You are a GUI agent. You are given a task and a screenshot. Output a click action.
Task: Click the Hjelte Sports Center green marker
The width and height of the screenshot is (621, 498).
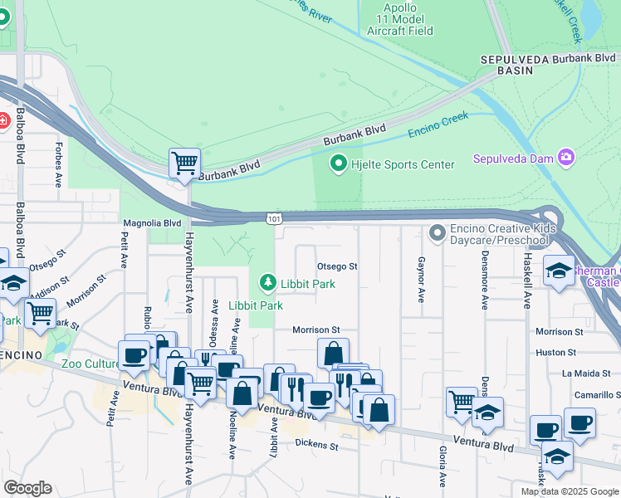point(338,164)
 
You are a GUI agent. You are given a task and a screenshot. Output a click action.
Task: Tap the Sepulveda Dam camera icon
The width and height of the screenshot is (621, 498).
point(566,157)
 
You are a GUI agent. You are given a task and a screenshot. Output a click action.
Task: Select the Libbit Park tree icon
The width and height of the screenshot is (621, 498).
point(267,284)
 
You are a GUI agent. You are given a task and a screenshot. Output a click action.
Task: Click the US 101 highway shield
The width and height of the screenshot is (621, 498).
point(273,218)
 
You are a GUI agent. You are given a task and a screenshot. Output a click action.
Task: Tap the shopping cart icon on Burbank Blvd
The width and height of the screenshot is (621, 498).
point(184,161)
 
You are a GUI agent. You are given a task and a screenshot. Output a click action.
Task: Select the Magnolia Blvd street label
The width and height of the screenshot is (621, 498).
point(152,223)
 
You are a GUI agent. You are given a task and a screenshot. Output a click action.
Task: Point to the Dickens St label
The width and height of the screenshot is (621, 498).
point(316,446)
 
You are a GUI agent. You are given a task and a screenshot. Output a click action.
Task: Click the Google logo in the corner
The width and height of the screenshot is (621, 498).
point(28,488)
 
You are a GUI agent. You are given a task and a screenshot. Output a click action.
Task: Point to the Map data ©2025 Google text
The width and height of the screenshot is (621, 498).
point(569,491)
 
